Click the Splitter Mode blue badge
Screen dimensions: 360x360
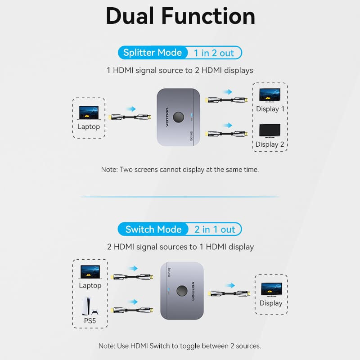point(152,53)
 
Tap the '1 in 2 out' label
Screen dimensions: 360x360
point(214,53)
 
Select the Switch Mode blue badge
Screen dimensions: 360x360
point(153,229)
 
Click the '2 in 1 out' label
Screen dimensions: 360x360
point(215,229)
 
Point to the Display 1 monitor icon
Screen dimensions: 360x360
point(270,95)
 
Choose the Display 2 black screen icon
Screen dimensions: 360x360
point(270,131)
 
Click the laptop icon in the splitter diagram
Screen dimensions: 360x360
point(89,112)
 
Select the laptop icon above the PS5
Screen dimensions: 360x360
point(90,272)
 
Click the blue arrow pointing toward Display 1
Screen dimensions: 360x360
point(227,91)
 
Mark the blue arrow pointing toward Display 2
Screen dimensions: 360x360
point(227,125)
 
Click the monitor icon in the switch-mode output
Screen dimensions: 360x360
point(271,289)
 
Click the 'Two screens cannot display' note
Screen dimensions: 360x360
point(180,170)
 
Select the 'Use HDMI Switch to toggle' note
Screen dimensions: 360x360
point(180,346)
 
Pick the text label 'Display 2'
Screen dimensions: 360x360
point(270,144)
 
